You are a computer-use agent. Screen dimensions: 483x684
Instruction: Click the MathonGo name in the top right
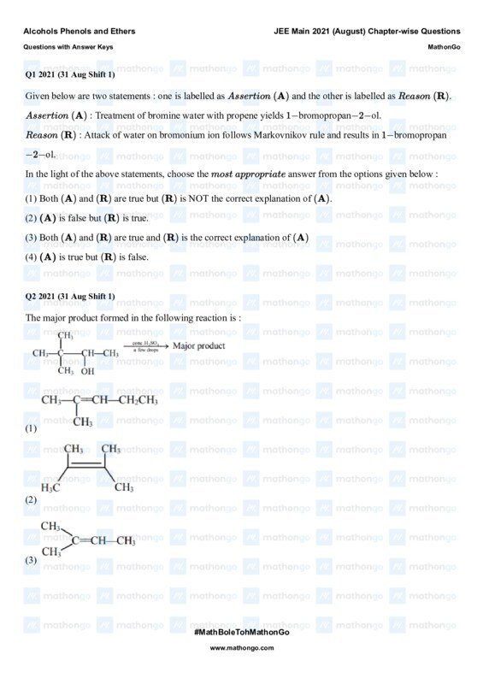(x=444, y=47)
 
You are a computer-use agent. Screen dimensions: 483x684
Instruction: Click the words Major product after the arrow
(x=199, y=346)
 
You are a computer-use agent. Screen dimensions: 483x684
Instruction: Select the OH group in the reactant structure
(x=88, y=371)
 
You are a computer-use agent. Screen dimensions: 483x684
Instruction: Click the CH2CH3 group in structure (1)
(x=138, y=400)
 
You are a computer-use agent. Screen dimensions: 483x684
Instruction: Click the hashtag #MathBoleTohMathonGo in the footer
(x=242, y=631)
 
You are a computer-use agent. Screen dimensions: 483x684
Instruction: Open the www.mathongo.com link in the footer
(x=242, y=648)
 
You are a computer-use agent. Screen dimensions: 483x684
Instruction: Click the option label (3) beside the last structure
(x=31, y=560)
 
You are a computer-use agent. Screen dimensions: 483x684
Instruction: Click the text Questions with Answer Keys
(x=68, y=47)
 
